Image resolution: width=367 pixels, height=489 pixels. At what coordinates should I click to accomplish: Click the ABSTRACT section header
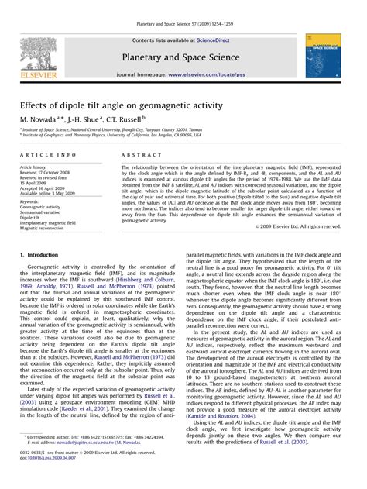coord(136,156)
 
